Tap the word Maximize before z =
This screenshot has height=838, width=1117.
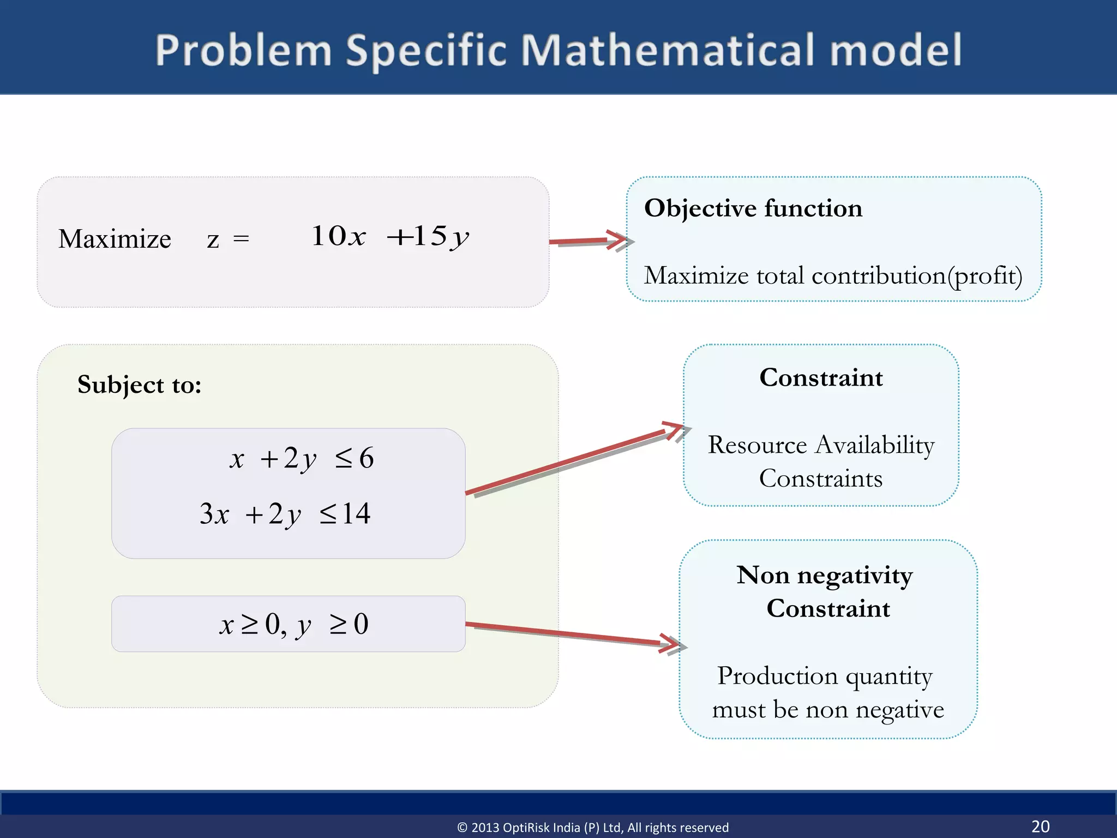[x=115, y=239]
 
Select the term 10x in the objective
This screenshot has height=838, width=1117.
[x=338, y=236]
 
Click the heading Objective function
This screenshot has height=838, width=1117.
[x=753, y=208]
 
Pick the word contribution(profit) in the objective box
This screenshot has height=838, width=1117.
[x=916, y=276]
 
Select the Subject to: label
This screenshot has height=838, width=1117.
[x=139, y=385]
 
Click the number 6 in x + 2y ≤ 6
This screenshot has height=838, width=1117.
[x=367, y=458]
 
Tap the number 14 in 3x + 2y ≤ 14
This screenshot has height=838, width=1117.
[x=357, y=514]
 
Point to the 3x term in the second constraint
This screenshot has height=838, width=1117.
[x=214, y=514]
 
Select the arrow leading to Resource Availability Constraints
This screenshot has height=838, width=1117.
[x=573, y=461]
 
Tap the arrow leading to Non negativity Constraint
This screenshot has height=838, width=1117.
[x=573, y=634]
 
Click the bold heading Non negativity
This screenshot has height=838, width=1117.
[x=824, y=575]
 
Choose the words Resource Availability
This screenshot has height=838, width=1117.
[x=821, y=445]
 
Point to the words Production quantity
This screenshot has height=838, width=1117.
[x=825, y=676]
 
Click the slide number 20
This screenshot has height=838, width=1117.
[x=1040, y=826]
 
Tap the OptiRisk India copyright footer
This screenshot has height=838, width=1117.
[x=592, y=828]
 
